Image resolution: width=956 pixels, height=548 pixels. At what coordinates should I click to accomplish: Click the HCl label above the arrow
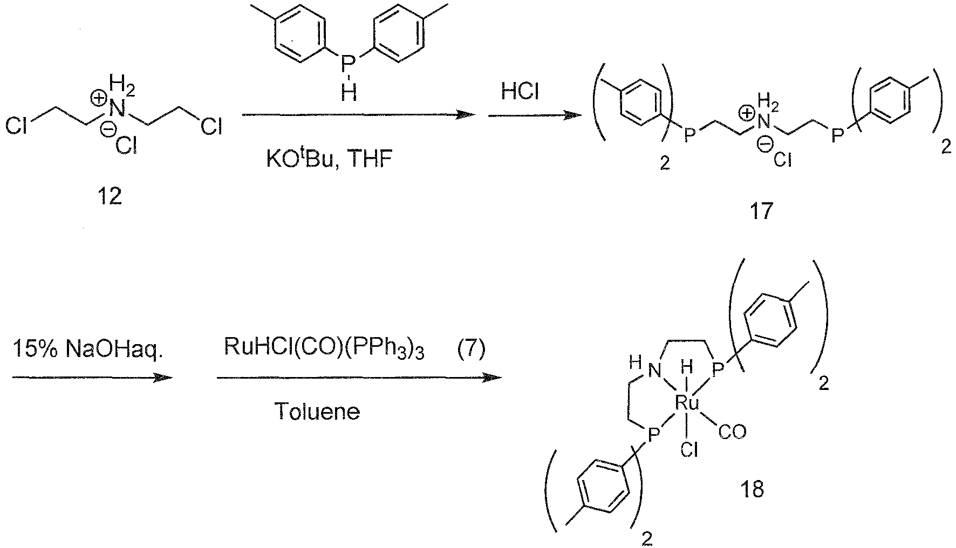point(520,92)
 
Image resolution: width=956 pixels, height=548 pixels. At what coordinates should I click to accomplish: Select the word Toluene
point(317,412)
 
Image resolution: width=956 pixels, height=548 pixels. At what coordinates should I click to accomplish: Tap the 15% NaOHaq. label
point(88,350)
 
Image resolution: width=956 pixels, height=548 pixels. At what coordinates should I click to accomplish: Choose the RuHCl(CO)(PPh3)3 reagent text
point(324,351)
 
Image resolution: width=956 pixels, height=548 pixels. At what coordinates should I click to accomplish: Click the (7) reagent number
point(471,351)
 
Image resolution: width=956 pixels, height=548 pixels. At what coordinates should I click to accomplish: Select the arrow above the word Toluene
point(359,378)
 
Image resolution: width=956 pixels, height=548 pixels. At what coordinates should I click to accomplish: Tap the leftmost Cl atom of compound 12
point(16,127)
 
